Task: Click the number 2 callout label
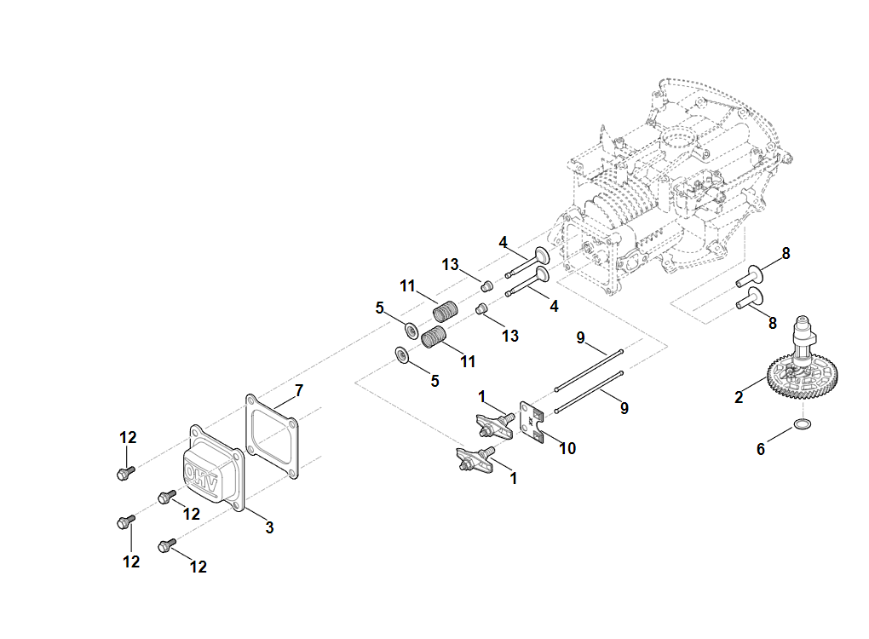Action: pyautogui.click(x=739, y=397)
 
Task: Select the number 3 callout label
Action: pyautogui.click(x=269, y=527)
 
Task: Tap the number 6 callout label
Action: pyautogui.click(x=761, y=449)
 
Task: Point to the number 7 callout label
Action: pyautogui.click(x=299, y=391)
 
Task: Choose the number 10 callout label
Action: pyautogui.click(x=567, y=448)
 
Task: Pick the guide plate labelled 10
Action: pyautogui.click(x=532, y=423)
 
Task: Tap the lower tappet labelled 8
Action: pyautogui.click(x=748, y=298)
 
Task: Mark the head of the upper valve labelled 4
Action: pyautogui.click(x=542, y=255)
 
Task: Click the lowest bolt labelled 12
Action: pyautogui.click(x=166, y=544)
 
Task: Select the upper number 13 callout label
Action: pyautogui.click(x=451, y=265)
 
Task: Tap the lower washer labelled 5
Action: pyautogui.click(x=401, y=355)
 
